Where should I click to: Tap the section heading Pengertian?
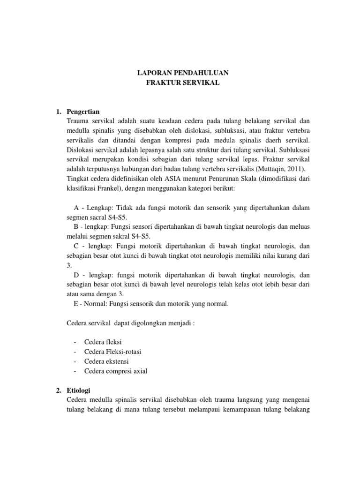coord(83,112)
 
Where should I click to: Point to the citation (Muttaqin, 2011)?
coord(285,169)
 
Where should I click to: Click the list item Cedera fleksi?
coord(103,342)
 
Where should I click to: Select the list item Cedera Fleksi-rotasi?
coord(113,352)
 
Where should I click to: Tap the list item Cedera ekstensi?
coord(106,361)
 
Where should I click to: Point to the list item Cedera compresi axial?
coord(116,371)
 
